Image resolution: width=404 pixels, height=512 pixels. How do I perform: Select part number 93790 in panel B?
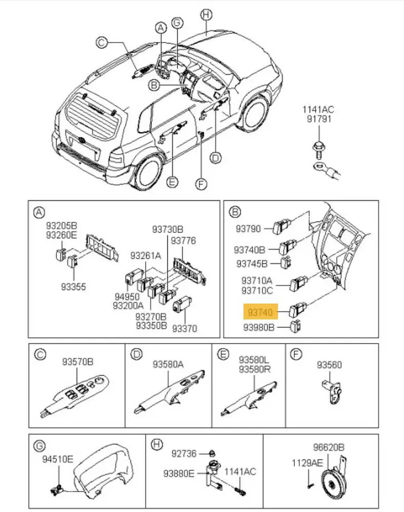pyautogui.click(x=248, y=228)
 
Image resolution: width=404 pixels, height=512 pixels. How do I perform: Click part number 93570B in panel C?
pyautogui.click(x=77, y=362)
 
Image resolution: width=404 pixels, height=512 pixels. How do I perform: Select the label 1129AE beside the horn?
pyautogui.click(x=307, y=463)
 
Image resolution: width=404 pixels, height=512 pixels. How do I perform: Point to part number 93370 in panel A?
pyautogui.click(x=185, y=328)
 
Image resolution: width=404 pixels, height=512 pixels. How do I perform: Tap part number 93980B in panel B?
pyautogui.click(x=259, y=327)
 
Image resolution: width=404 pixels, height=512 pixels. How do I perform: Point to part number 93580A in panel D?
pyautogui.click(x=168, y=365)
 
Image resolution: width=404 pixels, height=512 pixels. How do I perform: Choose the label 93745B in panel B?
pyautogui.click(x=252, y=264)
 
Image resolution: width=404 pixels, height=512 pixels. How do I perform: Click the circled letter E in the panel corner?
pyautogui.click(x=223, y=354)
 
